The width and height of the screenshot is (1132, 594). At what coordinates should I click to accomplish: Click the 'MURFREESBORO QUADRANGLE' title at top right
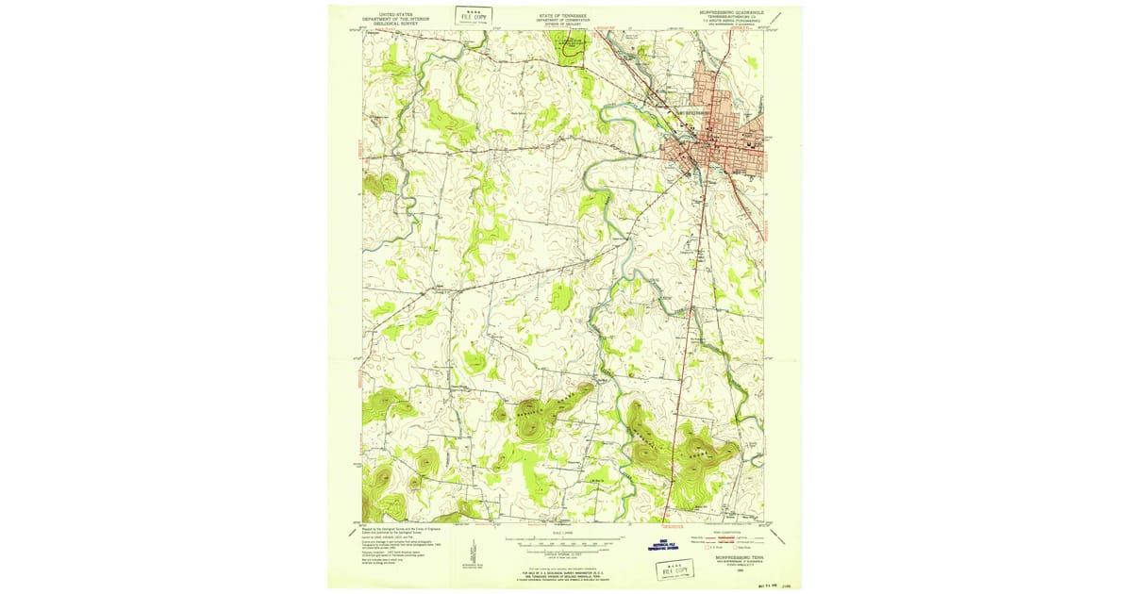pyautogui.click(x=731, y=13)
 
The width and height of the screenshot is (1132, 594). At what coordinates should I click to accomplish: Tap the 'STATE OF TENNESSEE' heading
pyautogui.click(x=563, y=15)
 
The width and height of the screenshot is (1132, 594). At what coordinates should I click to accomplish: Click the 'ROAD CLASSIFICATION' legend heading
pyautogui.click(x=731, y=532)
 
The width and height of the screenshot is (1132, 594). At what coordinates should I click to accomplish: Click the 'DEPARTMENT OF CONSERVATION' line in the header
pyautogui.click(x=563, y=20)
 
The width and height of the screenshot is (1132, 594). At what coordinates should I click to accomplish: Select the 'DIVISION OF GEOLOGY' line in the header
pyautogui.click(x=563, y=25)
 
